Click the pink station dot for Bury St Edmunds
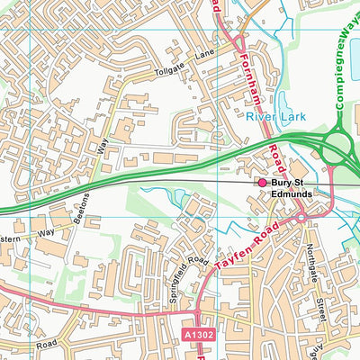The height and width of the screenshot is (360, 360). point(263,183)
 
